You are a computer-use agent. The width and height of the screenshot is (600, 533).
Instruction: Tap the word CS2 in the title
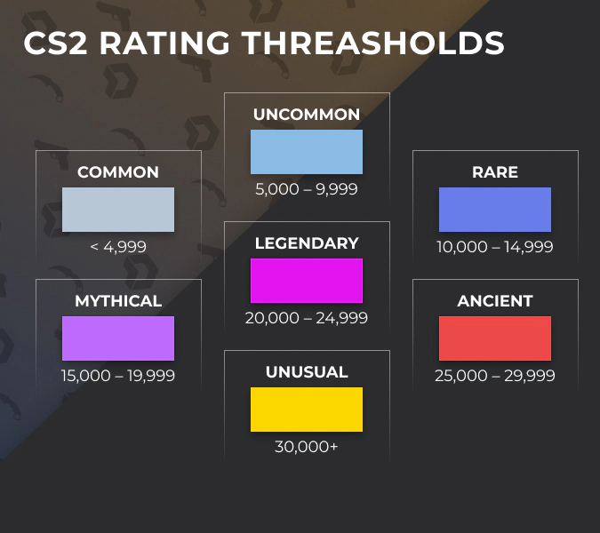click(56, 44)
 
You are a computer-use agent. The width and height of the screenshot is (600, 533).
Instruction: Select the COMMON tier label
click(118, 172)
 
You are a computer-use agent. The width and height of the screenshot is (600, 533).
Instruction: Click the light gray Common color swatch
click(118, 210)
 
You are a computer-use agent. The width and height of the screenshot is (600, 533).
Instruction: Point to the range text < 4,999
click(118, 247)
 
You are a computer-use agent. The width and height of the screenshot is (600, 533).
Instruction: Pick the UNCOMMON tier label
click(307, 115)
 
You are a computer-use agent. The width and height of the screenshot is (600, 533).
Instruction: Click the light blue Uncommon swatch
click(307, 152)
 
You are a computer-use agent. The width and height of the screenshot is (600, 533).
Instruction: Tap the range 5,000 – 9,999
click(307, 189)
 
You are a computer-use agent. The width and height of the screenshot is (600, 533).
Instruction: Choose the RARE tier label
click(495, 172)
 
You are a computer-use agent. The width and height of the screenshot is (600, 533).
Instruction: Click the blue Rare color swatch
click(495, 210)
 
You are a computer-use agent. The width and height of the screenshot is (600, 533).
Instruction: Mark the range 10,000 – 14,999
click(495, 247)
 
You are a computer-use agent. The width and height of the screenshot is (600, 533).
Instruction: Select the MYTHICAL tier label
click(118, 301)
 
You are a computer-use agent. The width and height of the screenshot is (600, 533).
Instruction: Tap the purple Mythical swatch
click(118, 338)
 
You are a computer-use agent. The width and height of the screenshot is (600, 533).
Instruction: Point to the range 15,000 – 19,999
click(118, 376)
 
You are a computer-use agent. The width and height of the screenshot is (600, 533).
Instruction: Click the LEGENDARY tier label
click(307, 243)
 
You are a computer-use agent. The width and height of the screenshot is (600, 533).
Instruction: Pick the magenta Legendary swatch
click(307, 281)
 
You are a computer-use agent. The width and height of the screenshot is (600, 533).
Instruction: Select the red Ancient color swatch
click(495, 338)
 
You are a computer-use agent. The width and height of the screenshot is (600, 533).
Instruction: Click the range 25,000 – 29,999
click(495, 376)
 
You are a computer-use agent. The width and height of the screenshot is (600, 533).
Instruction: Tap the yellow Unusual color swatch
click(307, 410)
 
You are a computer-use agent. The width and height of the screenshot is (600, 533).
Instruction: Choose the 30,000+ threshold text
click(307, 447)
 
